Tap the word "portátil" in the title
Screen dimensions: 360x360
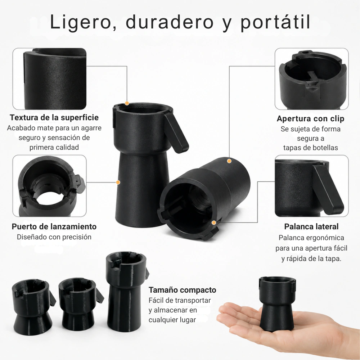[x=275, y=22]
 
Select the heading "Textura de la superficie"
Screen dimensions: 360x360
[x=54, y=117]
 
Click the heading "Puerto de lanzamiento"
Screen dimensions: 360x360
[x=54, y=226]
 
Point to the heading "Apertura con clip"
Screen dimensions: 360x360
[x=310, y=118]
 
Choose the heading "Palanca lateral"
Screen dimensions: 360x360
[x=311, y=226]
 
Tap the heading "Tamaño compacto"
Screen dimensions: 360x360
[x=182, y=290]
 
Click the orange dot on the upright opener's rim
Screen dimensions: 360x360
[x=127, y=103]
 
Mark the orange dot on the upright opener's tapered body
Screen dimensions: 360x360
[x=118, y=182]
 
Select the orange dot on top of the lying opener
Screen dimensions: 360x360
[x=229, y=161]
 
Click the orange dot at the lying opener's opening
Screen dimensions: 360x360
[x=214, y=222]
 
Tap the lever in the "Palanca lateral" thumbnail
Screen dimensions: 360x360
[x=328, y=189]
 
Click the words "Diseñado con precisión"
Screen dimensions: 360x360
[x=54, y=237]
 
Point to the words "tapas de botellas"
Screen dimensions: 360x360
[x=310, y=148]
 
